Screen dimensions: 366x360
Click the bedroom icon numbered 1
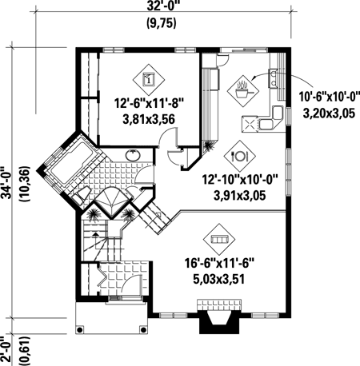pos(147,79)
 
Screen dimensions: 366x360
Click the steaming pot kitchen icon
pos(242,90)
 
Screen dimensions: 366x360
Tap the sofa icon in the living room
pos(218,237)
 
